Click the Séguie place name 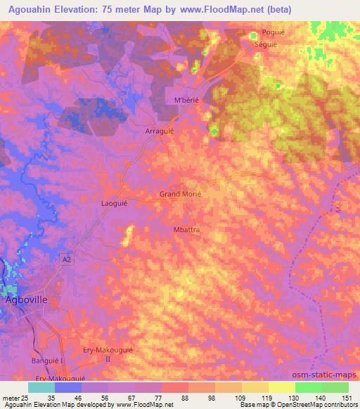266,43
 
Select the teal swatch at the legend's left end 41,387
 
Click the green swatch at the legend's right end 336,387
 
